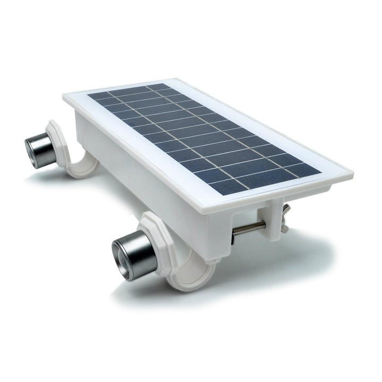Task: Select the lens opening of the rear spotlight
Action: coord(31,150)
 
